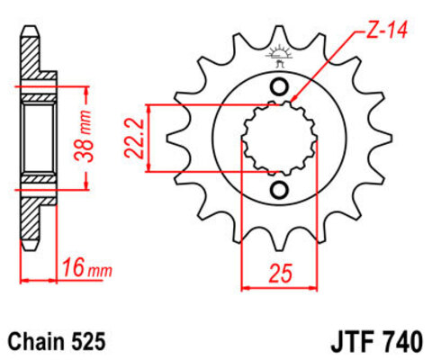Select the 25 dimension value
pyautogui.click(x=281, y=271)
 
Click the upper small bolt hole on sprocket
pyautogui.click(x=281, y=87)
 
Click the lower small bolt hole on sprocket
pyautogui.click(x=281, y=189)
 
